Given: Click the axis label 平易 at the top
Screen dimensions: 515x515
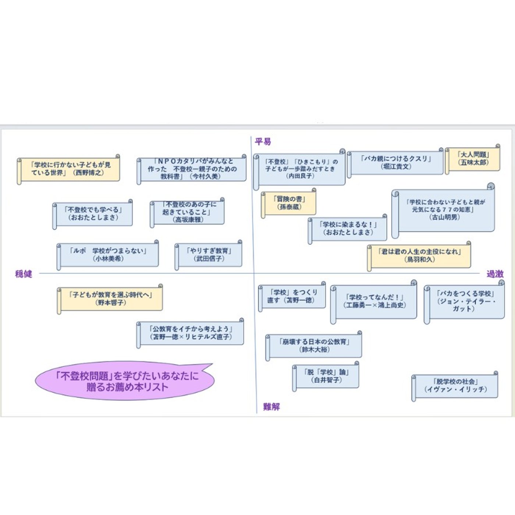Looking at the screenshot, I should [263, 141].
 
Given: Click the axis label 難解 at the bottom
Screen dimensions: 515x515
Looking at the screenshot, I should [271, 406].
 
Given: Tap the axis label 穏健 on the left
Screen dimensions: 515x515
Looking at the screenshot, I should [24, 274].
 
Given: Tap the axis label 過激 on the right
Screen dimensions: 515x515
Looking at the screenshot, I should [495, 274].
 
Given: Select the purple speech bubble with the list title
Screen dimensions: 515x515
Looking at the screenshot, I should [125, 381].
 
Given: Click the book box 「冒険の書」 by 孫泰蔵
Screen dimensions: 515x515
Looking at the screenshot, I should [290, 203].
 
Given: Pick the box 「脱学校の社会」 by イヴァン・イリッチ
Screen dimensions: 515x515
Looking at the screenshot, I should [456, 386].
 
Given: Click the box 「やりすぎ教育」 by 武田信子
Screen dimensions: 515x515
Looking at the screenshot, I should [209, 255].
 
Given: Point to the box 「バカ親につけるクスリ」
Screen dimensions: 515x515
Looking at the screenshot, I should [396, 163].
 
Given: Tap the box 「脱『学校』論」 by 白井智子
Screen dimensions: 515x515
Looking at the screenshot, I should [327, 376].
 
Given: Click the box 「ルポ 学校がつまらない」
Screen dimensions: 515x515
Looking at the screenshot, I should [108, 255].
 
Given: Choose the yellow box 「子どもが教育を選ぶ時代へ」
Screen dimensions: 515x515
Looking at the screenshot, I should [110, 299].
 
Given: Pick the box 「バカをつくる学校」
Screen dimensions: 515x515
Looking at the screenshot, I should [465, 301].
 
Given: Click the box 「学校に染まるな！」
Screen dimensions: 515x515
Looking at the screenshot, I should [348, 228].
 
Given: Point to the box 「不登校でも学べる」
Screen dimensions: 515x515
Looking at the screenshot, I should [93, 214].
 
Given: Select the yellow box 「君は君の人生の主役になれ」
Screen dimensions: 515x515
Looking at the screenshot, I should [420, 255].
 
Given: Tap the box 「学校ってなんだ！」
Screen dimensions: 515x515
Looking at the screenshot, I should [374, 301].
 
